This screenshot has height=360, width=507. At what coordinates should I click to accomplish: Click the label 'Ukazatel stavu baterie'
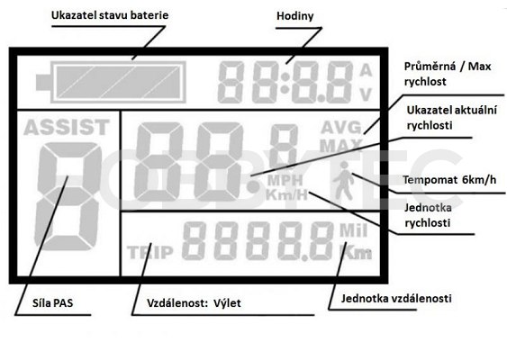point(110,15)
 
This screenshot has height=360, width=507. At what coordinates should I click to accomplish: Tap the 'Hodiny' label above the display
point(294,16)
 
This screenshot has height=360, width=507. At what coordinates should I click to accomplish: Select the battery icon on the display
point(112,82)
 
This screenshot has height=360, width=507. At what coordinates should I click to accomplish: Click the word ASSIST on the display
point(67,127)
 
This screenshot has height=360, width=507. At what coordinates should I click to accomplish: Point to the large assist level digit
point(68,196)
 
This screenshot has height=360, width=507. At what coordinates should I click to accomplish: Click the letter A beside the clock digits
point(366,70)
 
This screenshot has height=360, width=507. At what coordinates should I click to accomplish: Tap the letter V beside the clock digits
point(366,94)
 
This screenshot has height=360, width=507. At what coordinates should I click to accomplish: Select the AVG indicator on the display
point(341,127)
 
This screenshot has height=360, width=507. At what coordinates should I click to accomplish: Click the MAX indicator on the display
point(341,146)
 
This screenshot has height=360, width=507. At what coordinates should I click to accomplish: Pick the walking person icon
point(344,180)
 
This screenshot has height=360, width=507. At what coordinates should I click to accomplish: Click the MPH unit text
point(285,180)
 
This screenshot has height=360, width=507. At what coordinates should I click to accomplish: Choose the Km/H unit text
point(286,194)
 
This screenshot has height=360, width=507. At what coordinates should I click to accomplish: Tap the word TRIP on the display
point(150,252)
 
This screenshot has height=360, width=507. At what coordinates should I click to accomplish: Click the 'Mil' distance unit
point(353,230)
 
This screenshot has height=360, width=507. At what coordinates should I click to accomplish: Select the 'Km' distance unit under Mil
point(355,252)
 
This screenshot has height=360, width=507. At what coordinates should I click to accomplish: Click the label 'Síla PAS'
point(53,303)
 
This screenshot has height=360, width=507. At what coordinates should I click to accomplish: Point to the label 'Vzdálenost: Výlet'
point(194,303)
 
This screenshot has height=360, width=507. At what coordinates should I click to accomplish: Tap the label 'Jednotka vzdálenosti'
point(396,298)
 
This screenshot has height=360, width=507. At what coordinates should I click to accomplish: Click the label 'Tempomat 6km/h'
point(449,180)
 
